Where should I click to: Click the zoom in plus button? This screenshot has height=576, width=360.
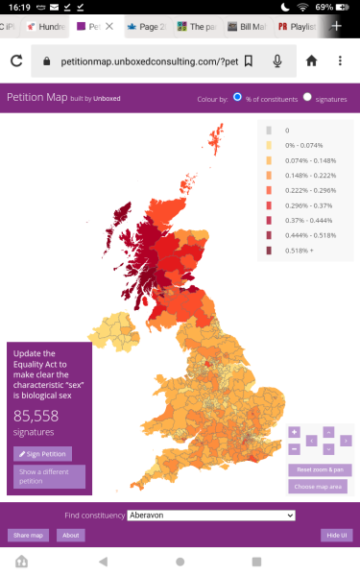click(294, 432)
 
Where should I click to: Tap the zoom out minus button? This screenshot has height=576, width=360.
click(294, 448)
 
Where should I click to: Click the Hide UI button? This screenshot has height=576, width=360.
click(335, 535)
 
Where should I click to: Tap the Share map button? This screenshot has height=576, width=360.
click(28, 535)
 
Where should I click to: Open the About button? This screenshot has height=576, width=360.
click(69, 535)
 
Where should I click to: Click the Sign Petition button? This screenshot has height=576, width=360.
click(42, 453)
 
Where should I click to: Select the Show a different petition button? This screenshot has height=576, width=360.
click(49, 476)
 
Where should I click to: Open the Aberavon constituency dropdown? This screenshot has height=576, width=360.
click(210, 516)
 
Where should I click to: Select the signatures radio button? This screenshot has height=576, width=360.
click(307, 97)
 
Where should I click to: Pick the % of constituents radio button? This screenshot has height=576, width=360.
click(237, 97)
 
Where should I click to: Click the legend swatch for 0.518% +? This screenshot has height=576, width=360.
click(269, 251)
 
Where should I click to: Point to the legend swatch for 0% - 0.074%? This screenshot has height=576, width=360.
click(269, 145)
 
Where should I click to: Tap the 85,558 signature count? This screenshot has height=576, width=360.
click(36, 416)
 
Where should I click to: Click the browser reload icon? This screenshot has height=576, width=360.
click(16, 60)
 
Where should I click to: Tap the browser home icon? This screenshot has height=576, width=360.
click(311, 60)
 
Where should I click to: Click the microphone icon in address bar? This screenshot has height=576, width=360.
click(277, 60)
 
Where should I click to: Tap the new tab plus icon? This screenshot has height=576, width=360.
click(337, 26)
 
